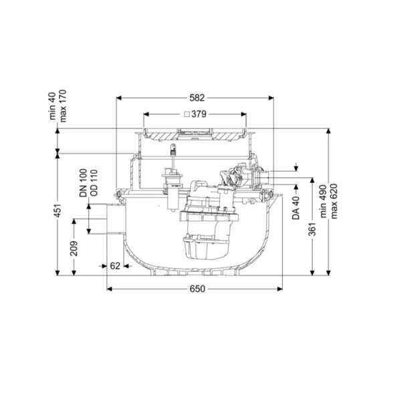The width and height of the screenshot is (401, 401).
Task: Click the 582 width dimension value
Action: [x=197, y=98]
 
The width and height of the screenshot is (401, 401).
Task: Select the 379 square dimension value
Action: [x=198, y=114]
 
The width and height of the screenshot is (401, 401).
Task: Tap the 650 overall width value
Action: [x=197, y=289]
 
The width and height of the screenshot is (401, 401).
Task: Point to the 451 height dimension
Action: [x=58, y=211]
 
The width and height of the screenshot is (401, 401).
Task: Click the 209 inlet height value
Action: [x=74, y=248]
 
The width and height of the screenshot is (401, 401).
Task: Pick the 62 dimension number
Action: [x=115, y=266]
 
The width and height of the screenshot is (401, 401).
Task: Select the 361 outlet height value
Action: [x=312, y=229]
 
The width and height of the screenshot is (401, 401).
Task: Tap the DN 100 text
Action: [x=84, y=183]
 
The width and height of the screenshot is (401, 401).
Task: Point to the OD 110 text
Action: [x=94, y=183]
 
